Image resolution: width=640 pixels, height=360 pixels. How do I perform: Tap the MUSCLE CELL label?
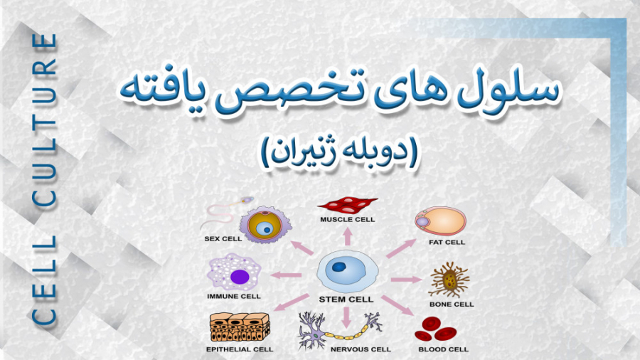[x=347, y=219]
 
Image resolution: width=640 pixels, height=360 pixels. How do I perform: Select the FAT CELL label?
[x=447, y=242]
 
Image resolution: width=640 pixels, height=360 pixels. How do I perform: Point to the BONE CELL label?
[x=452, y=305]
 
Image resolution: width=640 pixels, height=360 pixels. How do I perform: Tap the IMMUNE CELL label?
[x=234, y=297]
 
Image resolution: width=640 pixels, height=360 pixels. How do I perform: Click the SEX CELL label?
[x=223, y=240]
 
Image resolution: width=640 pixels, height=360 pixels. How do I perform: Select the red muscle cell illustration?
[x=347, y=205]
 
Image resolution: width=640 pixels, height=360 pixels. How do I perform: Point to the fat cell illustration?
[x=440, y=221]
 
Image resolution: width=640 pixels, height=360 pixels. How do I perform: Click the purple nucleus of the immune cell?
[x=239, y=276]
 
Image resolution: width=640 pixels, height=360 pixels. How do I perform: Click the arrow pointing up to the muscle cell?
[x=347, y=237]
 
